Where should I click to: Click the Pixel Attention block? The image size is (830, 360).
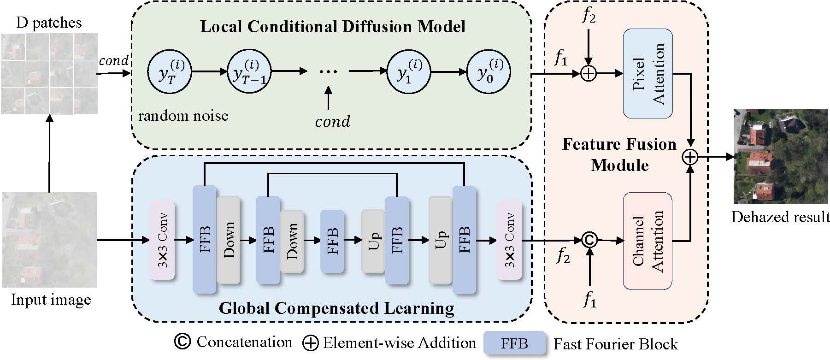[x=648, y=74]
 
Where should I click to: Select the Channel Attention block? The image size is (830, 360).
[x=648, y=241]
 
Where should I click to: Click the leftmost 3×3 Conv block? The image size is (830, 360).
[x=162, y=240]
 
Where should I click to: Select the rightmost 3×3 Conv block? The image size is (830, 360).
[x=509, y=240]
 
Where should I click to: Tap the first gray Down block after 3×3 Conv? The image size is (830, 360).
[x=229, y=240]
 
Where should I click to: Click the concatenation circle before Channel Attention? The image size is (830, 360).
[x=589, y=240]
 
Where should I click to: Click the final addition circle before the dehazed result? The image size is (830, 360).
[x=690, y=157]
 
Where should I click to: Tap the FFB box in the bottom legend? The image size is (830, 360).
[x=514, y=343]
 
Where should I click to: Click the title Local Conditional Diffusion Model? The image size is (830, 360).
[x=332, y=26]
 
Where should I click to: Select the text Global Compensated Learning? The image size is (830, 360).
[x=336, y=308]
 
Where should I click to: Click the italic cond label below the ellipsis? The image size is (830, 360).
[x=332, y=122]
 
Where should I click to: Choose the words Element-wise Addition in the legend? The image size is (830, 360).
[x=399, y=343]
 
